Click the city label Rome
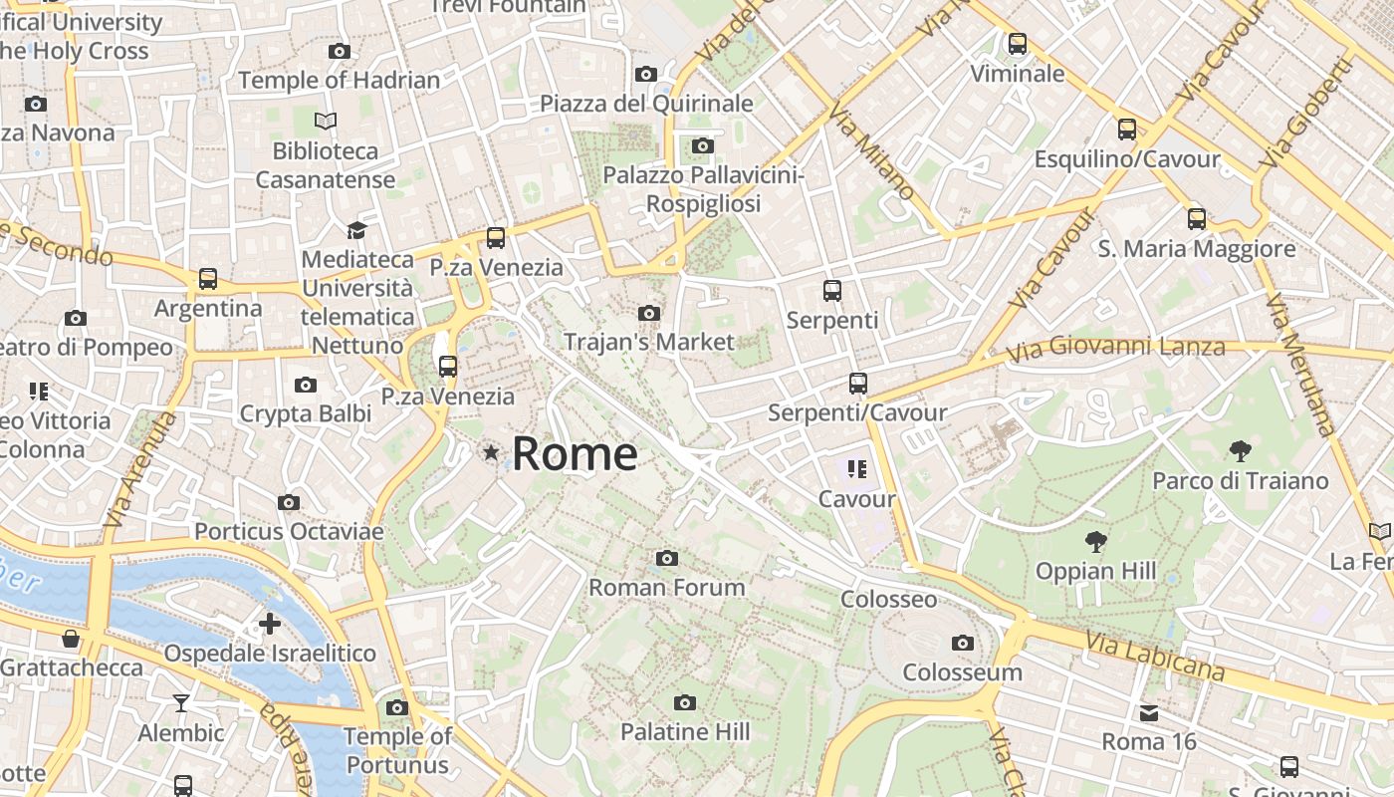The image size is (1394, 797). [x=575, y=454]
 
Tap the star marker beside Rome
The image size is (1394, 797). [x=490, y=453]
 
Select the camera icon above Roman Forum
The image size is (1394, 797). [x=667, y=558]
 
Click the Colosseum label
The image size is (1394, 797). [x=962, y=671]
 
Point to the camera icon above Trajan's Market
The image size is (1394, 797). [x=649, y=313]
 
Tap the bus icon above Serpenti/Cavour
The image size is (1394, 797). [x=857, y=383]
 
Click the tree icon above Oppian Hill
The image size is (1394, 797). [x=1096, y=542]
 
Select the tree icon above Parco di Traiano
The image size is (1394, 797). [x=1240, y=451]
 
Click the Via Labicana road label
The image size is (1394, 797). [x=1155, y=657]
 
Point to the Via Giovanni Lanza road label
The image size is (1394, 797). [x=1115, y=349]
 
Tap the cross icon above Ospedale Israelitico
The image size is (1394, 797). [x=270, y=625]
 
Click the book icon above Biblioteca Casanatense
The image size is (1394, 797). [x=326, y=122]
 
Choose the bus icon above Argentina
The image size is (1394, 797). [x=207, y=279]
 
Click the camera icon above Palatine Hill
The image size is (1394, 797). [x=685, y=703]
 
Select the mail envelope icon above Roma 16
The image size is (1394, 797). [x=1149, y=713]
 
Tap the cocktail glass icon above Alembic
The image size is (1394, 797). [x=181, y=703]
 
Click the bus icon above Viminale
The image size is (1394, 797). [x=1017, y=44]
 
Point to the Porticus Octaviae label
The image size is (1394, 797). [x=289, y=531]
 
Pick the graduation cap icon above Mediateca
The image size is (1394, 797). [x=356, y=230]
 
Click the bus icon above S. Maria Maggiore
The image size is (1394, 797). [x=1197, y=219]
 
